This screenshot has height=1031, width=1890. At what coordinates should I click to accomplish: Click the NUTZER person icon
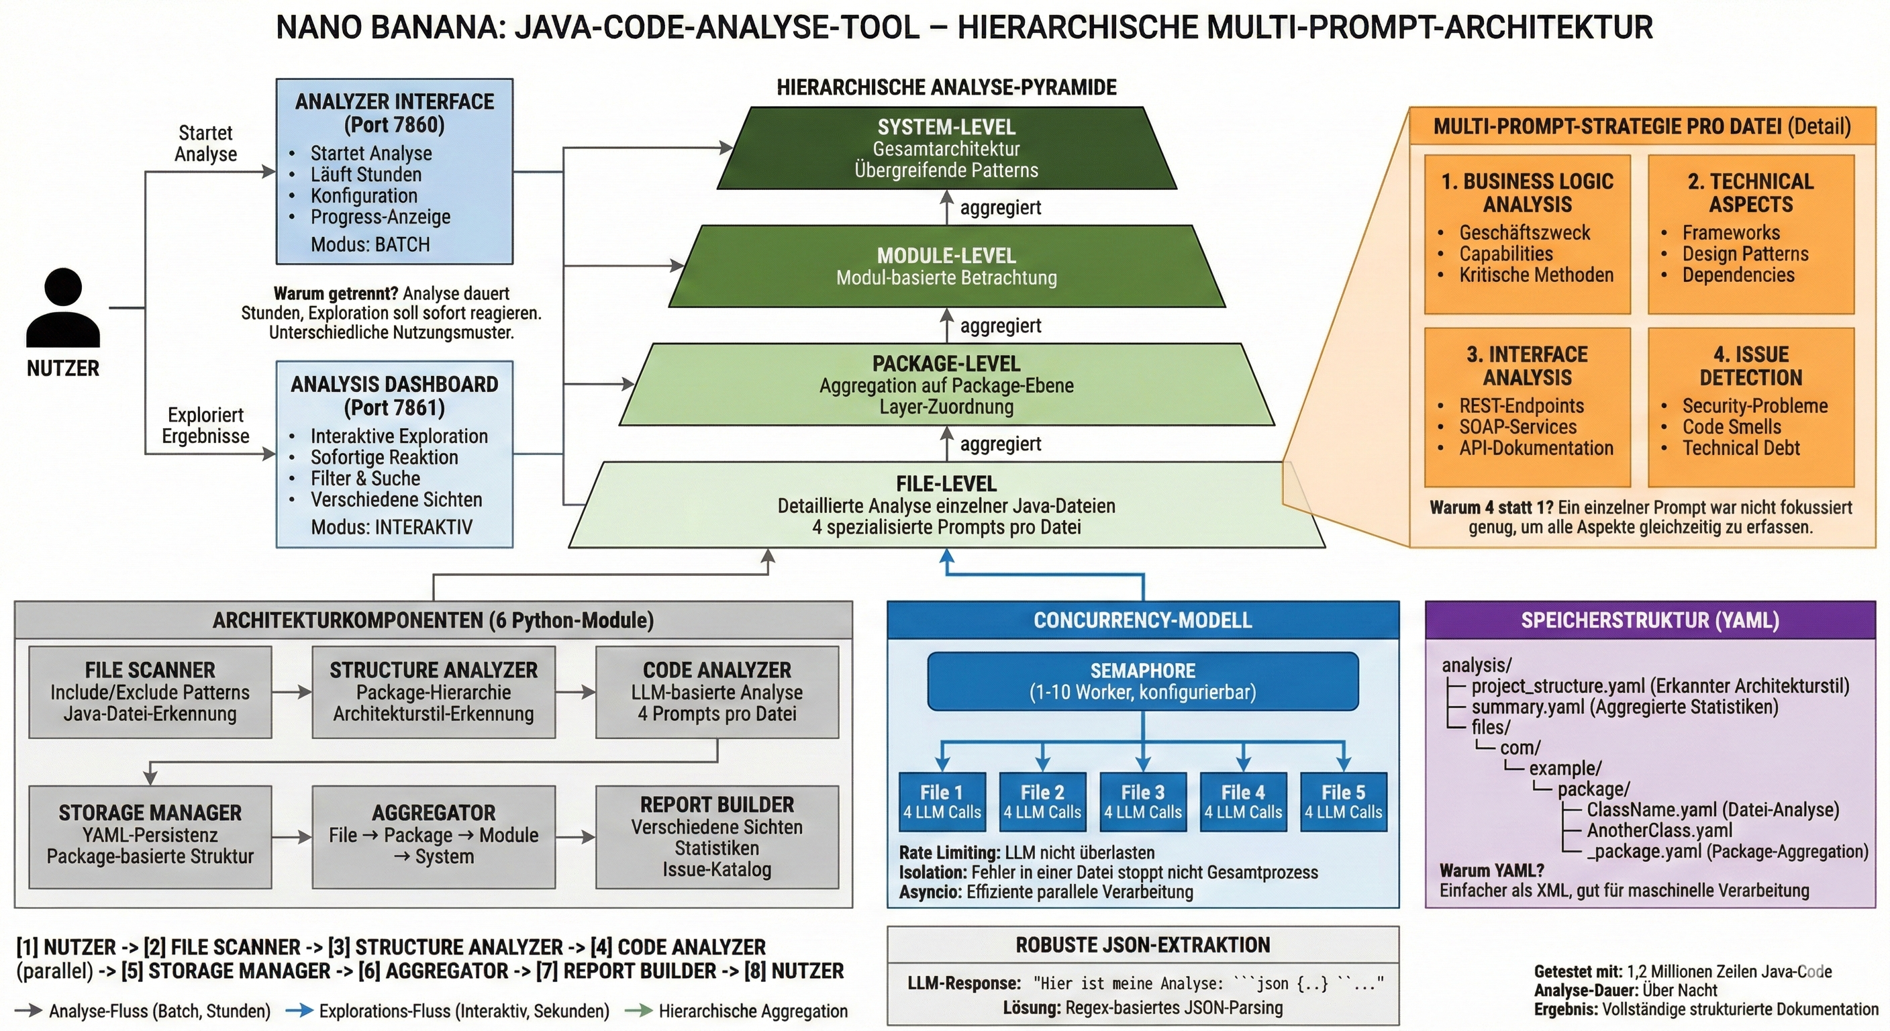pos(63,307)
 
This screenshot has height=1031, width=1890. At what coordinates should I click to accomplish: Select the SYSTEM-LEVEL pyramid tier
pos(946,148)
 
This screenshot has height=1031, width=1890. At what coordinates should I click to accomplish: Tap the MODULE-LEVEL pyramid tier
pos(946,266)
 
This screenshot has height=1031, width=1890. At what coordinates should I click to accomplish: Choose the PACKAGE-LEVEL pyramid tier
pos(946,385)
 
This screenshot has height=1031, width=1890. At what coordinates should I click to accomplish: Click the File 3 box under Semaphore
pos(1142,801)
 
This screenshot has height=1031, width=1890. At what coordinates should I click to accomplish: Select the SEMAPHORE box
pos(1142,681)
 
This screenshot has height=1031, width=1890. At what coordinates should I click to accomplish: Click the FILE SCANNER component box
pos(150,691)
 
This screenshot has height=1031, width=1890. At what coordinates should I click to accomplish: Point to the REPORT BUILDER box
pos(717,836)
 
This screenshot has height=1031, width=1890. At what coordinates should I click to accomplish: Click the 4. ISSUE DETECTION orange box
pos(1750,407)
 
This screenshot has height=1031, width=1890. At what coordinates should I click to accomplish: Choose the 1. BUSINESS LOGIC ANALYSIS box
pos(1527,234)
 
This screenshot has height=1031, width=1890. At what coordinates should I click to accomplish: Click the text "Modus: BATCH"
pos(370,244)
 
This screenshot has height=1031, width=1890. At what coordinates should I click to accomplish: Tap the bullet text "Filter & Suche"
pos(365,479)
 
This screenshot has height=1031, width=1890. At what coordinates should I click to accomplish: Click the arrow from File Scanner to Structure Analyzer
pos(292,691)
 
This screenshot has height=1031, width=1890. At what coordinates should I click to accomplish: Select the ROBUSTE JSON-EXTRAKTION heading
pos(1142,945)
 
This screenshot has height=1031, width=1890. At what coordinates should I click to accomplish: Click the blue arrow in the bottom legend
pos(299,1011)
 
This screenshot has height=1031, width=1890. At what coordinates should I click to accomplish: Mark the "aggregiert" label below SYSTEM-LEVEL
pos(1000,207)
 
